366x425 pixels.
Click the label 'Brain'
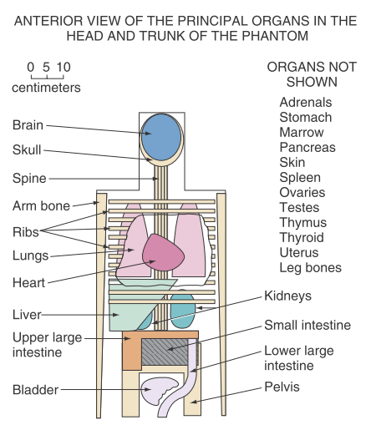[x=28, y=125]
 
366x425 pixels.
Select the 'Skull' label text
[x=28, y=151]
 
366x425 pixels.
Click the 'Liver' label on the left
[x=27, y=316]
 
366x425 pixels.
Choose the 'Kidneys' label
[x=288, y=296]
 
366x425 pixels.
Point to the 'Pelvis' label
[x=283, y=387]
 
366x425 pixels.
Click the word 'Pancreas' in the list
[x=307, y=147]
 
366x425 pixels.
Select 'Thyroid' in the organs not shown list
[x=302, y=238]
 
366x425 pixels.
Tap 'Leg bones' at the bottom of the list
[x=311, y=268]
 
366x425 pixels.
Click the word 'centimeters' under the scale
[x=46, y=87]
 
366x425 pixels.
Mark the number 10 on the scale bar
[x=64, y=67]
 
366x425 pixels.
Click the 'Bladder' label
[x=34, y=389]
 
